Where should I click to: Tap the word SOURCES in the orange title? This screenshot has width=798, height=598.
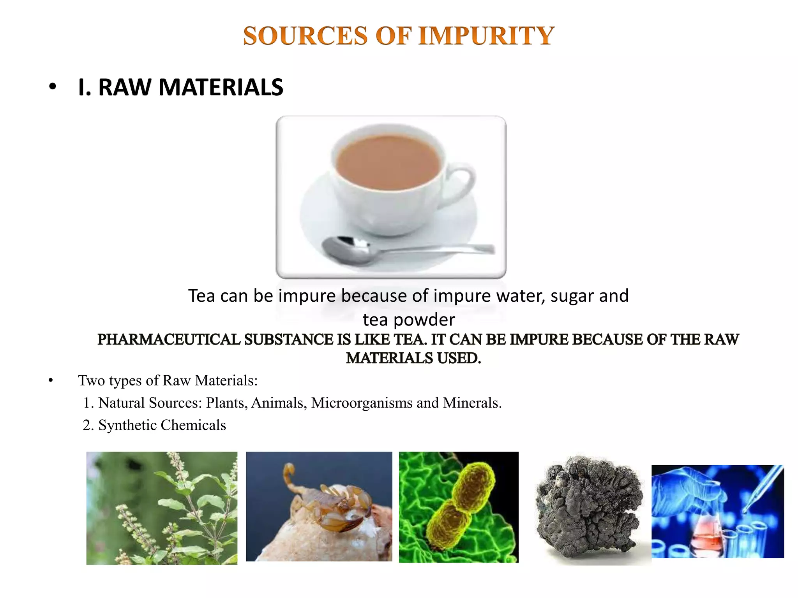tap(305, 36)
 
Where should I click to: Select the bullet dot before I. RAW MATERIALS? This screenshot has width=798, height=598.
tap(53, 87)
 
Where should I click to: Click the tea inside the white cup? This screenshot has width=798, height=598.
tap(388, 162)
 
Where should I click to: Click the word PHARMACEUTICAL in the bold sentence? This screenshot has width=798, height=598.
tap(169, 339)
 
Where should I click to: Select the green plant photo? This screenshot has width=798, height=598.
tap(162, 508)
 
